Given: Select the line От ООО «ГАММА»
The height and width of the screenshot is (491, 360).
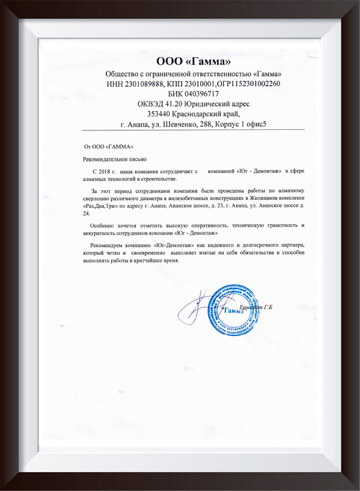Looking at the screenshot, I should click(108, 147).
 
